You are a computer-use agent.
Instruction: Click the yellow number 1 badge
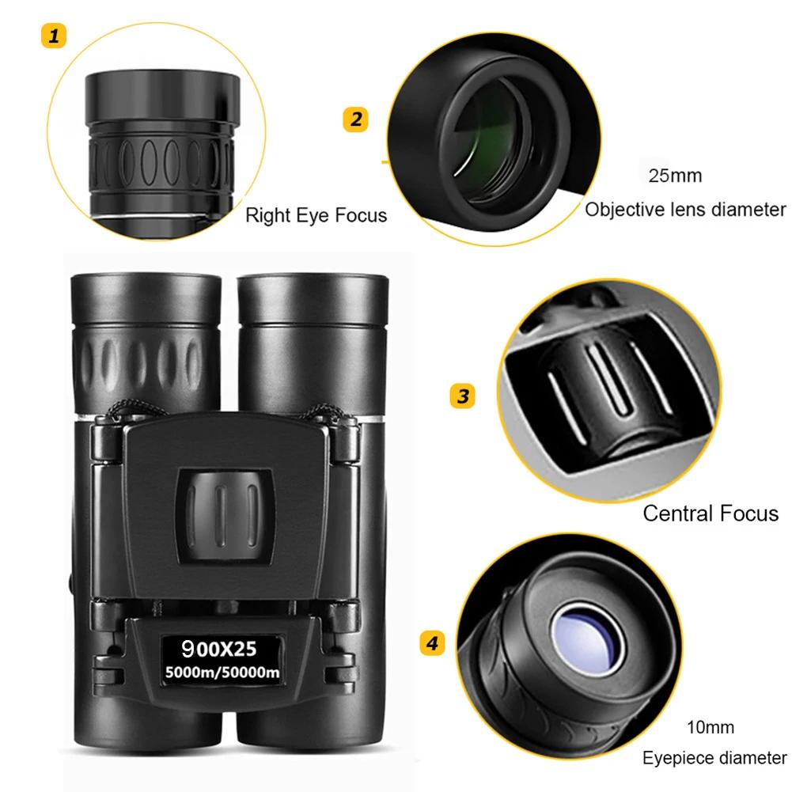(54, 36)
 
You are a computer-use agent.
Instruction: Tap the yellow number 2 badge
(355, 119)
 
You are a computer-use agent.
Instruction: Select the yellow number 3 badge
(462, 395)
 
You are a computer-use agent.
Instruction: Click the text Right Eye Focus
(316, 214)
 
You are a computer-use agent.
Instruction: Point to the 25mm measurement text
(675, 176)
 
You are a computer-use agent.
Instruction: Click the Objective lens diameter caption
(685, 210)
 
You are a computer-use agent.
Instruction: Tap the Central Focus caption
(710, 513)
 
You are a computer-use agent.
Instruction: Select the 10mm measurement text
(710, 727)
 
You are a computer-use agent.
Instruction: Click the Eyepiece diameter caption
(714, 758)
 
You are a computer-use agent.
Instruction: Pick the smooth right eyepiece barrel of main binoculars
(311, 340)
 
